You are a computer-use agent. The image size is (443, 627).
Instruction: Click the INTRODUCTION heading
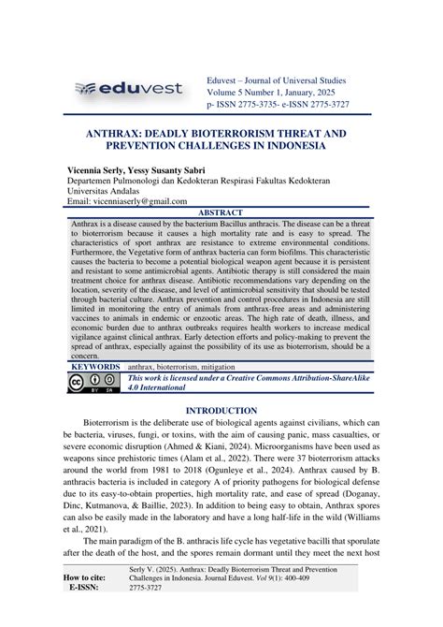click(x=221, y=410)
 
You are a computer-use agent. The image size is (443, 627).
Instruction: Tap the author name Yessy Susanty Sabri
click(x=182, y=172)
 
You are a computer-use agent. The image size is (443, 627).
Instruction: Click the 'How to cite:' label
click(x=92, y=605)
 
